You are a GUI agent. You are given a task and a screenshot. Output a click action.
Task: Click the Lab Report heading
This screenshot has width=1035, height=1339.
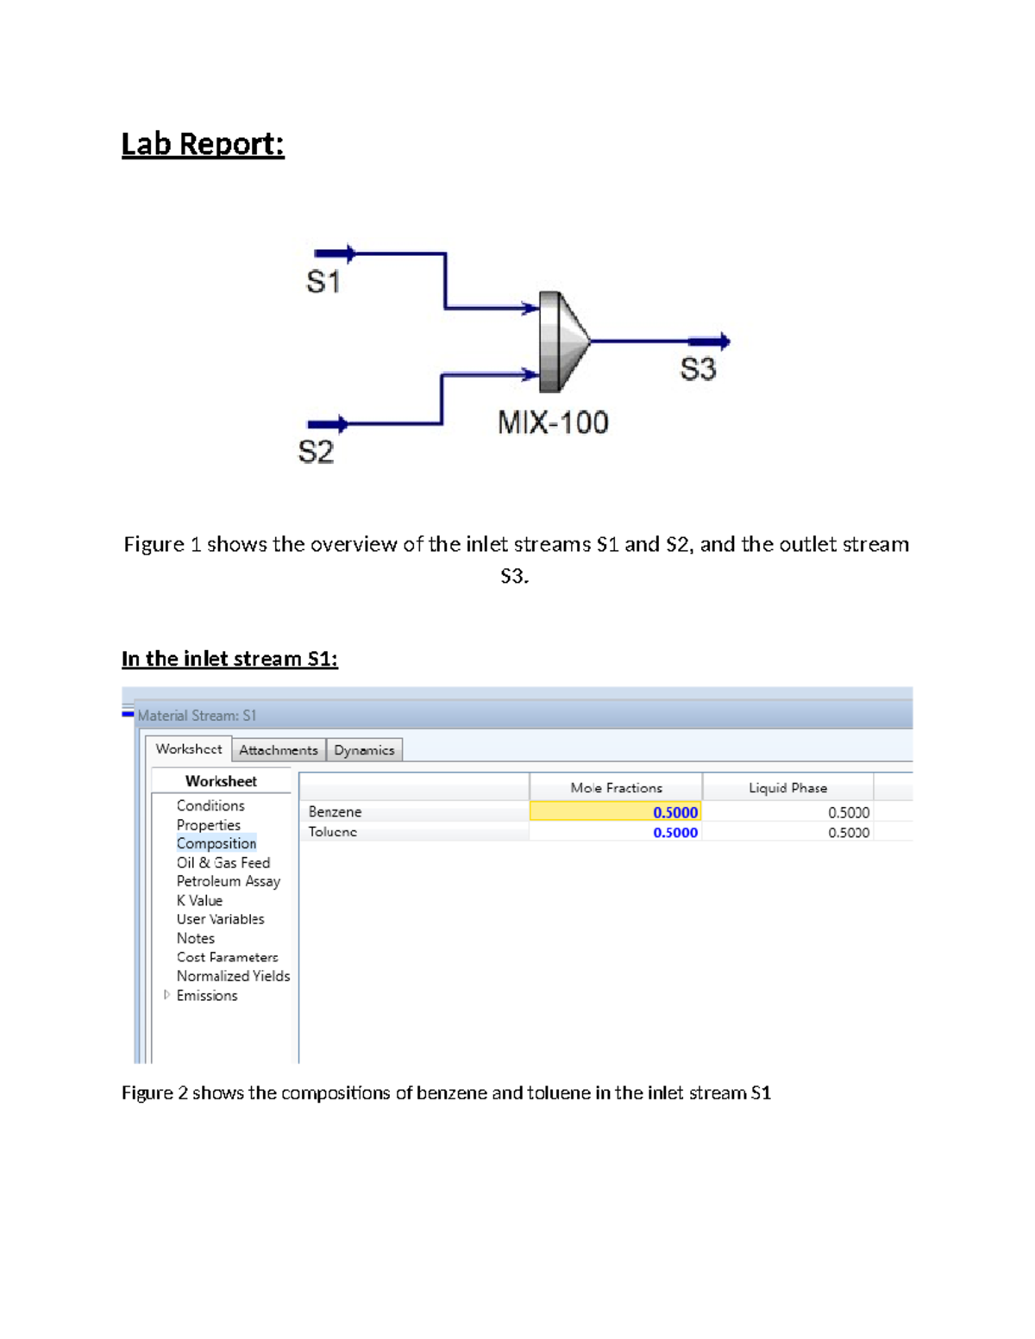click(x=203, y=144)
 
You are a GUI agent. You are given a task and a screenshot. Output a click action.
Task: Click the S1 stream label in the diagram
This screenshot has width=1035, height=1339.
click(x=323, y=282)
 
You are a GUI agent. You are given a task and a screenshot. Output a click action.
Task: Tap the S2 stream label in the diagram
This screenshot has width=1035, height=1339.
click(x=316, y=452)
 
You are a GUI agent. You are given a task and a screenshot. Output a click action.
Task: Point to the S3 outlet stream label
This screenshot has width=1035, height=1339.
click(x=698, y=369)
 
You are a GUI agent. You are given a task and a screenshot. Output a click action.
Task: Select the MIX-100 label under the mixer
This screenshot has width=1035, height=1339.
click(x=553, y=422)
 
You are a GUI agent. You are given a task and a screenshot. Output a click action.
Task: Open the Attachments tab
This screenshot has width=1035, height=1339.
click(x=278, y=750)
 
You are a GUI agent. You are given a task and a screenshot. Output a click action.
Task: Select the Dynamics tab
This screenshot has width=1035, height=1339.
click(x=364, y=750)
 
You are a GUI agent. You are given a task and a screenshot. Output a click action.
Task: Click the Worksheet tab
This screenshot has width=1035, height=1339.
click(x=188, y=749)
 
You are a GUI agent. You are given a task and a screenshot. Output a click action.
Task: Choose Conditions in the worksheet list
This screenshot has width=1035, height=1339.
click(x=210, y=805)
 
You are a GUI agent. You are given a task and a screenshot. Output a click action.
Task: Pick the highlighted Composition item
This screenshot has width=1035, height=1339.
click(x=216, y=843)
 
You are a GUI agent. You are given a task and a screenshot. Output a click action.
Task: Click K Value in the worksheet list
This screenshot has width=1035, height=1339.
click(x=199, y=900)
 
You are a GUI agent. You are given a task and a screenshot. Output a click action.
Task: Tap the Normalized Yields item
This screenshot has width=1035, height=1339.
click(x=233, y=976)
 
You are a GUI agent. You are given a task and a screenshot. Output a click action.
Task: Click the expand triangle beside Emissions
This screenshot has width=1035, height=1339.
click(x=166, y=995)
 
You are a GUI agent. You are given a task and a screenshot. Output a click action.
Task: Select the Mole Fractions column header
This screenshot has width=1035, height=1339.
click(x=616, y=787)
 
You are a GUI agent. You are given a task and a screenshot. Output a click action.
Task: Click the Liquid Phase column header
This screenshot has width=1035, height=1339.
click(x=787, y=787)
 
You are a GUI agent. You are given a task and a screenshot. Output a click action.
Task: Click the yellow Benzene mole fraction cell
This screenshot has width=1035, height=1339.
click(x=615, y=811)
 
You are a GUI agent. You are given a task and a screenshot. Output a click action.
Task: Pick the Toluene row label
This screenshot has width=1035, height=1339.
click(x=333, y=832)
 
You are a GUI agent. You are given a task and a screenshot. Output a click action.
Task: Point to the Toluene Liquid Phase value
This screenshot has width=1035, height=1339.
click(x=848, y=832)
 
